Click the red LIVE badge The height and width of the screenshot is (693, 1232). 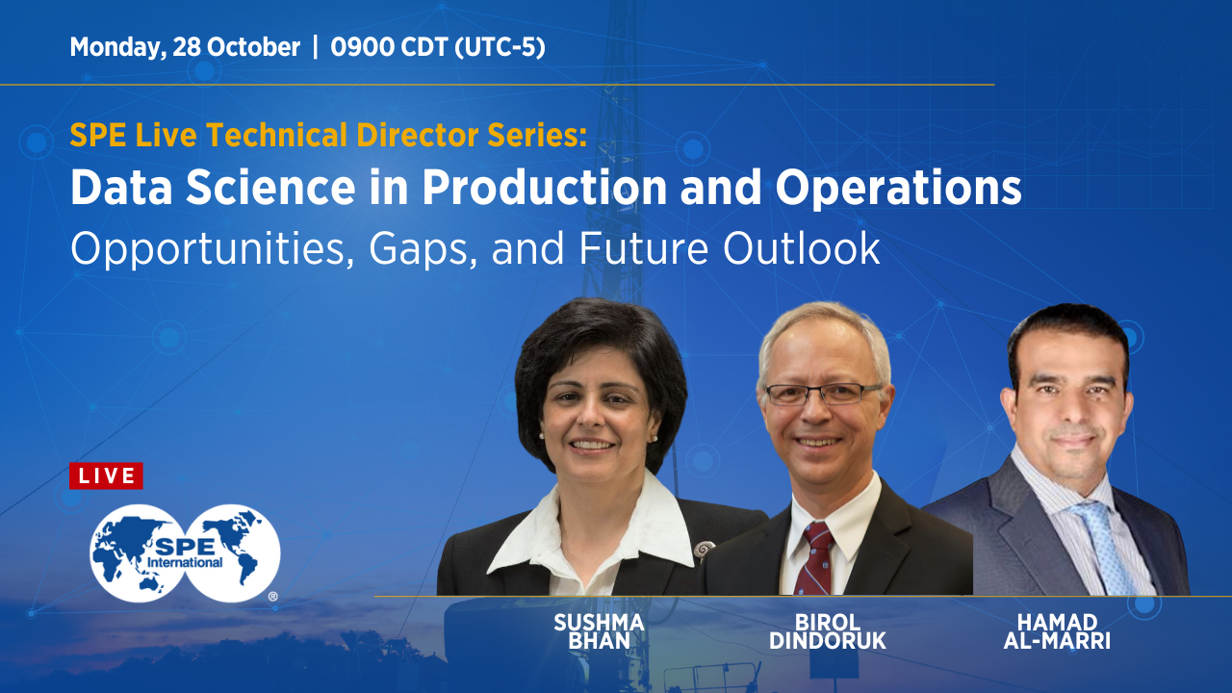(106, 475)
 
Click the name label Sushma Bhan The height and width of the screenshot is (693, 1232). (599, 632)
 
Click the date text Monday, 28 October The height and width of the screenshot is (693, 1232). (185, 47)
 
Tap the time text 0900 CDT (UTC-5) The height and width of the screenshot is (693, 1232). (438, 47)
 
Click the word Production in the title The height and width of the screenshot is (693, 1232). (544, 190)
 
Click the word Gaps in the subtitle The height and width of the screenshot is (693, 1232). (430, 248)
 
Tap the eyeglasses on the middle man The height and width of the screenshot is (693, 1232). (822, 393)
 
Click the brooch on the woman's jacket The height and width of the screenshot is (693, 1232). (705, 550)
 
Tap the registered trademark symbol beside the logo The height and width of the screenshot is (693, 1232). (273, 597)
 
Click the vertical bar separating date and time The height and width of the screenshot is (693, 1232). (316, 47)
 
